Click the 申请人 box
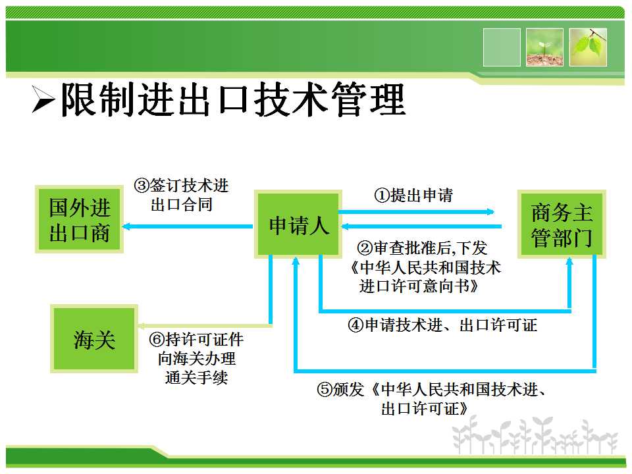298,224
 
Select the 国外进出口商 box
80,220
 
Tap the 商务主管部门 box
562,224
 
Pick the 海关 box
94,338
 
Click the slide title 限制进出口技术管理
233,99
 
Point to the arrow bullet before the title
43,99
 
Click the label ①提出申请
413,196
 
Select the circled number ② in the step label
365,248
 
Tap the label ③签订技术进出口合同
182,195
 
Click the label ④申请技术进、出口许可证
442,325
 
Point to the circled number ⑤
324,389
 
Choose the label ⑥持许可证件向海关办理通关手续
196,358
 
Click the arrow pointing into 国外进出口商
188,226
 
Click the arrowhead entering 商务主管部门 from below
569,262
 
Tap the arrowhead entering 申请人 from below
296,261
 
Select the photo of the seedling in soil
544,47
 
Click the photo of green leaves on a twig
588,47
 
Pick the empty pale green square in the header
502,47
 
